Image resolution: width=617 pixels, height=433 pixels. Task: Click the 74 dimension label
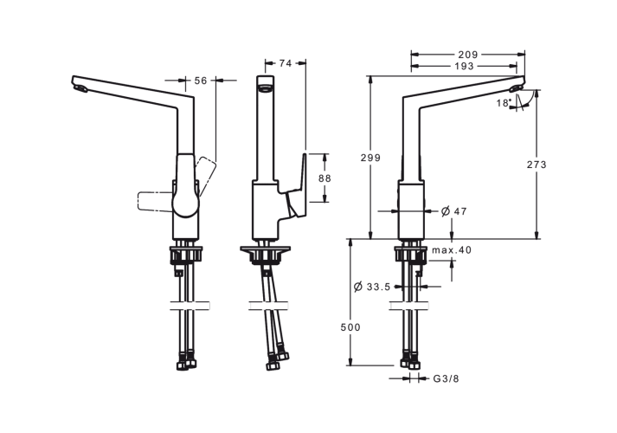coord(286,62)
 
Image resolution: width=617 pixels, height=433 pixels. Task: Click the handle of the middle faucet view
coord(297,186)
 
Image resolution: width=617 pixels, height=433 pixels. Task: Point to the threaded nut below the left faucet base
coord(188,254)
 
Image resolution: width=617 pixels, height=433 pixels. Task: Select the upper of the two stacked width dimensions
coord(467,54)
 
